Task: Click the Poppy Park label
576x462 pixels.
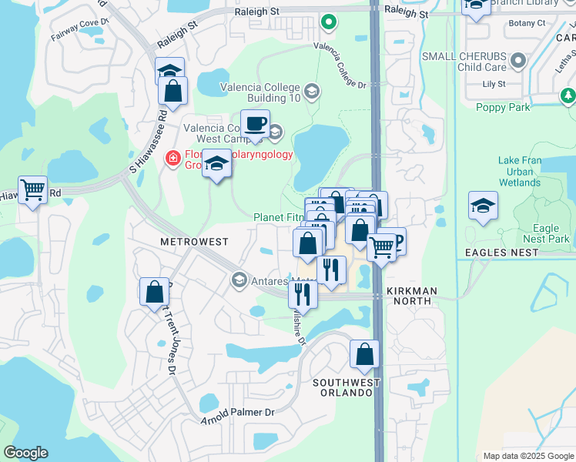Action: click(503, 108)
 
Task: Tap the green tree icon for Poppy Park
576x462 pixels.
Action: click(568, 95)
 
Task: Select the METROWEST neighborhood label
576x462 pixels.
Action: click(194, 242)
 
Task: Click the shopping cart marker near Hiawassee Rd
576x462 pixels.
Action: click(32, 189)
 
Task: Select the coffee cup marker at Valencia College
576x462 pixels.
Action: click(255, 123)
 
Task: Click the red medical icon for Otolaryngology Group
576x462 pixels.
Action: click(173, 158)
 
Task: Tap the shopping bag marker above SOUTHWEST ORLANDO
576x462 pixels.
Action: click(364, 354)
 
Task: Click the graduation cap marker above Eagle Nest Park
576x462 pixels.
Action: click(483, 206)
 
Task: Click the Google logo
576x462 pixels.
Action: click(25, 453)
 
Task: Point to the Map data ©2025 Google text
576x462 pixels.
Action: click(527, 456)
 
